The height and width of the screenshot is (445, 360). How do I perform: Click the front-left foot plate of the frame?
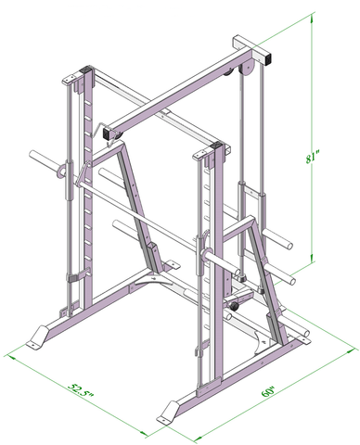coord(43,337)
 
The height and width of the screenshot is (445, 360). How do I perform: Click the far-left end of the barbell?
coord(32,155)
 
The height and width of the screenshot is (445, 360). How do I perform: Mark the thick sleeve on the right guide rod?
coord(253,199)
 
